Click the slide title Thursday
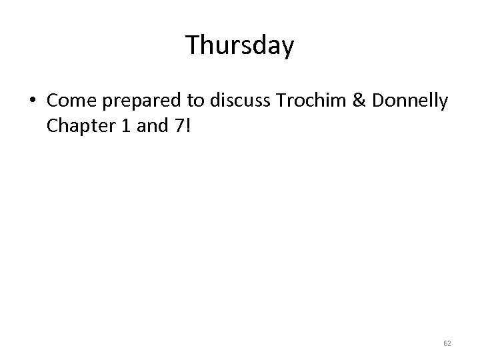pyautogui.click(x=240, y=46)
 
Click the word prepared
pyautogui.click(x=141, y=101)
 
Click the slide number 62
pyautogui.click(x=447, y=343)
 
